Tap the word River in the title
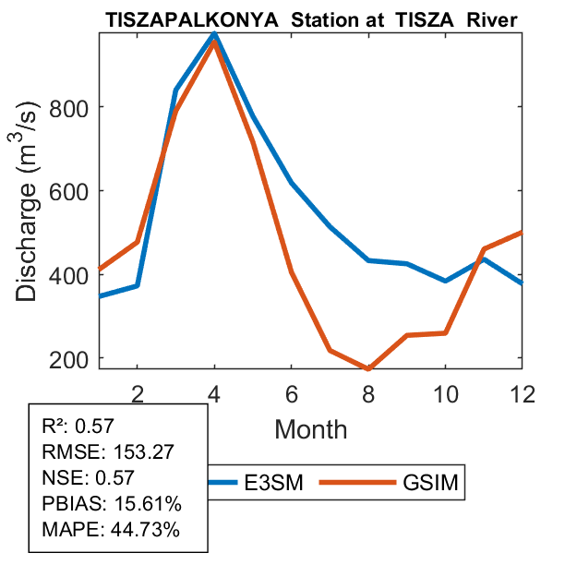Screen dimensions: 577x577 [x=491, y=18]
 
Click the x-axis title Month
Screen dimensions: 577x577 [x=311, y=429]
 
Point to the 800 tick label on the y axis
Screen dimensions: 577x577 [x=70, y=107]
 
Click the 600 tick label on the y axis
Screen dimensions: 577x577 [x=70, y=191]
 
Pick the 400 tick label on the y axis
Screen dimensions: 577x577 [x=70, y=275]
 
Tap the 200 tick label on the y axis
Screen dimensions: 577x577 [x=70, y=358]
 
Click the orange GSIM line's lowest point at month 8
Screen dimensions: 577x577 [x=368, y=368]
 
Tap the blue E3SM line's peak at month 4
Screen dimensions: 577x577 [x=214, y=33]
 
